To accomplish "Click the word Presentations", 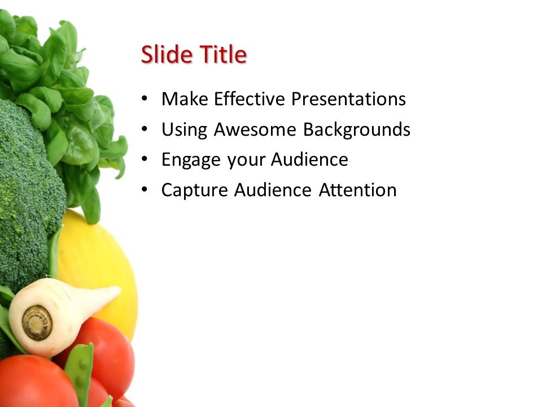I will (348, 99).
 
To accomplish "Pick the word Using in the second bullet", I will (185, 130).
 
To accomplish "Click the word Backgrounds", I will (357, 130).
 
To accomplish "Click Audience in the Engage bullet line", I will (309, 160).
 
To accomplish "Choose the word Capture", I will (194, 190).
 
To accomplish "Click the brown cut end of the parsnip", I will (37, 323).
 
